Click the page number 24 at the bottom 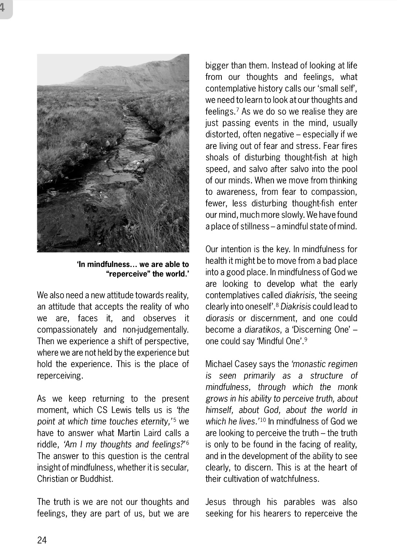point(42,540)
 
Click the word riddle point(47,444)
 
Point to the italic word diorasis point(220,318)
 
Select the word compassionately point(67,329)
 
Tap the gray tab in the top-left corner point(6,8)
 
